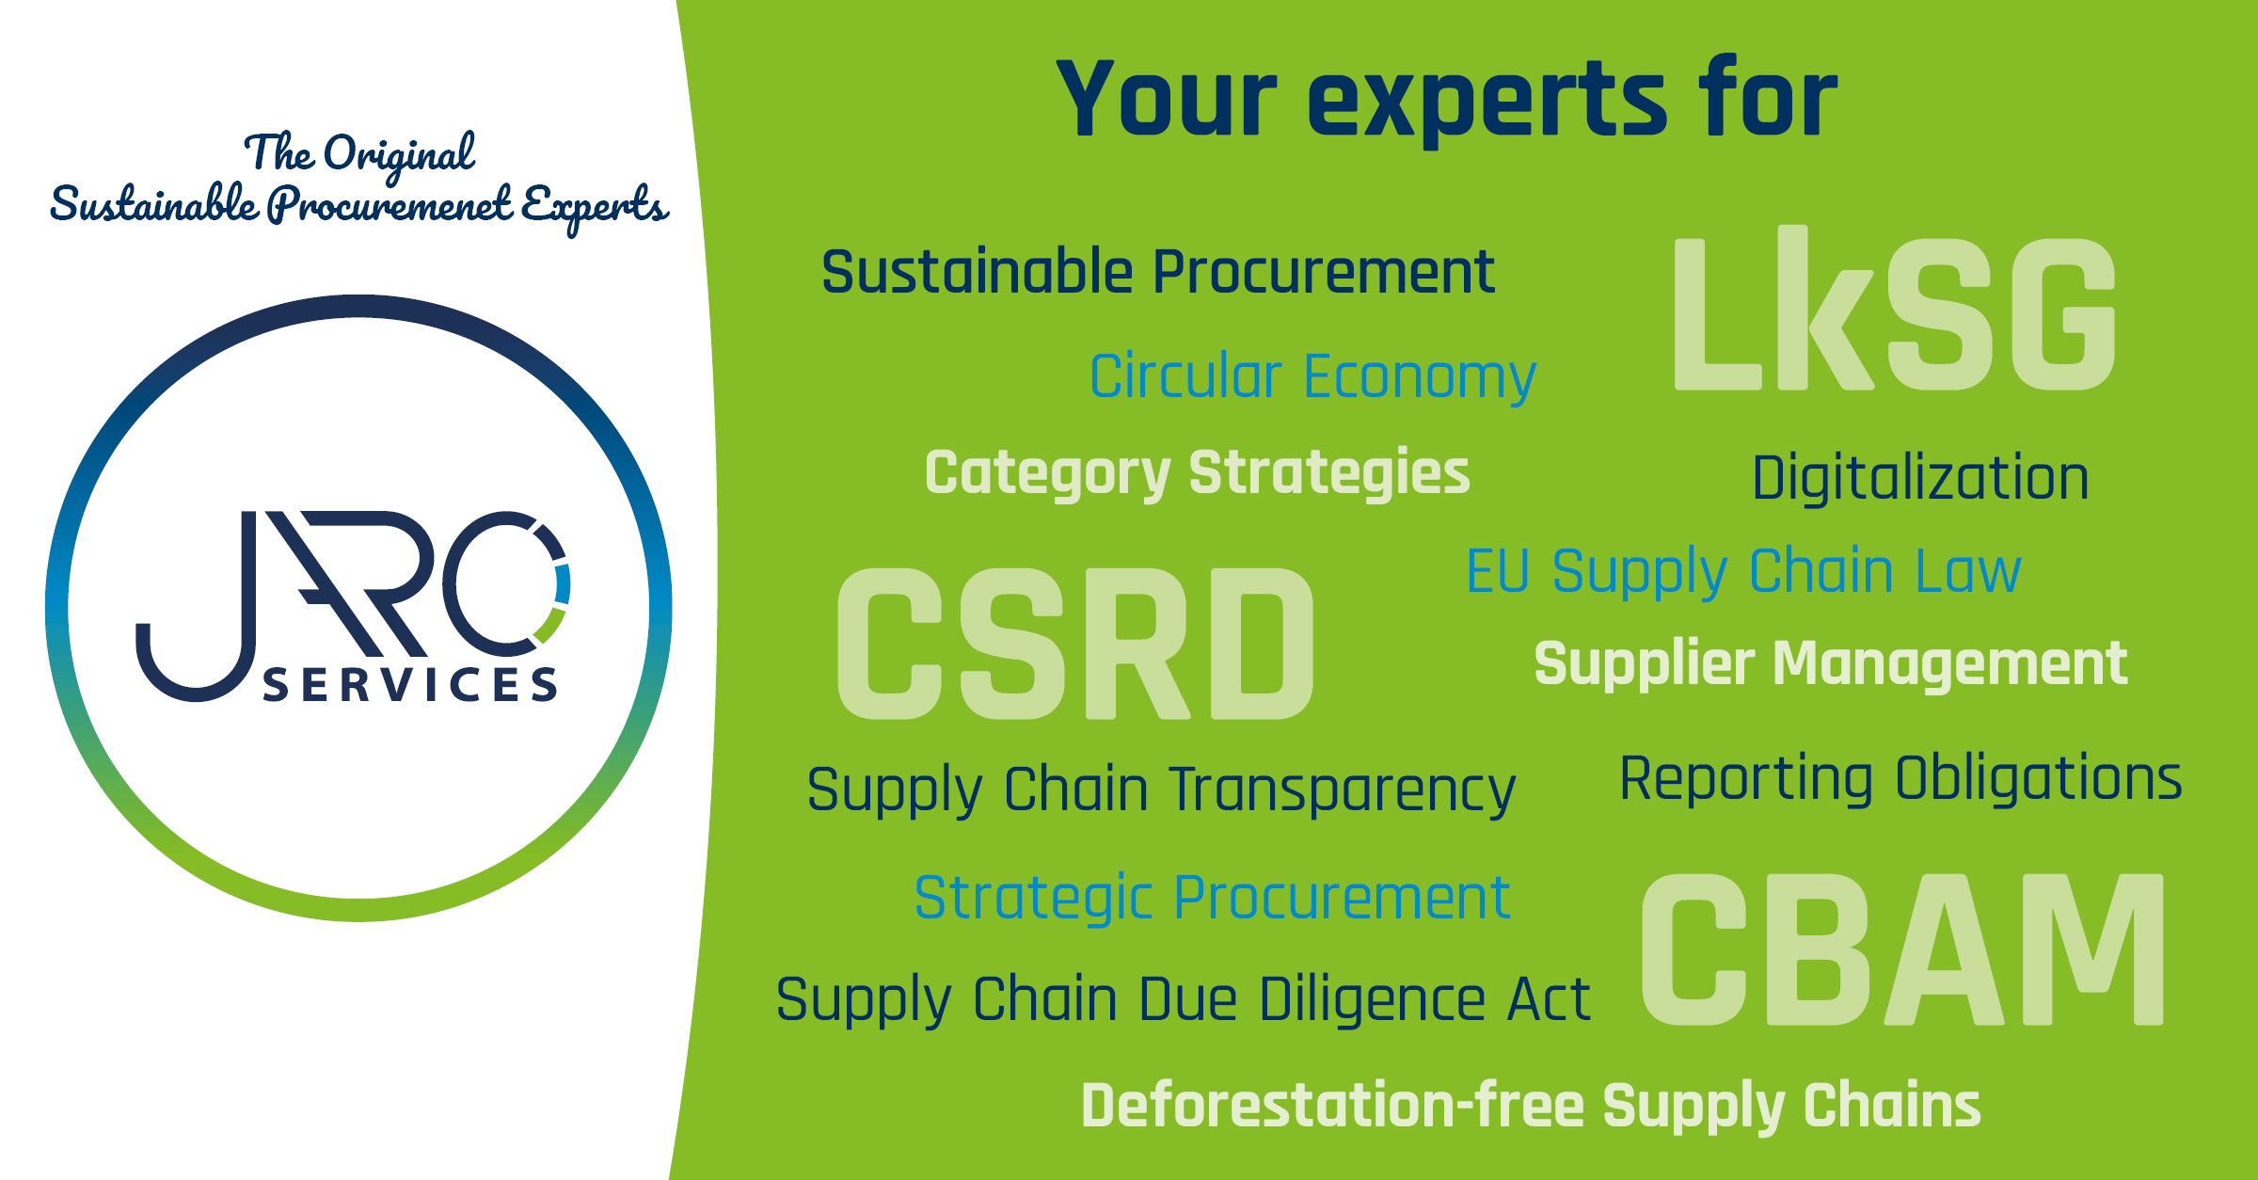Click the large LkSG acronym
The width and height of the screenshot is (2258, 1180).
point(1895,309)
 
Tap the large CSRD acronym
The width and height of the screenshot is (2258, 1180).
point(1075,644)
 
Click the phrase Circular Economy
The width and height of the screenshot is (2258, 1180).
point(1312,377)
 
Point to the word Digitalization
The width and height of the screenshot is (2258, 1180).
point(1920,478)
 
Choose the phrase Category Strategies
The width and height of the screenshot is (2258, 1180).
point(1197,473)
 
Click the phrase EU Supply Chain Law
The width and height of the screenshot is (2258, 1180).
point(1743,572)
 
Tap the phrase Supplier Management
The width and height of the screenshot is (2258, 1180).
point(1831,664)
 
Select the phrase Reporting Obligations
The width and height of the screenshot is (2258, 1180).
point(1900,779)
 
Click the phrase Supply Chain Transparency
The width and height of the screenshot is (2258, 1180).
point(1161,790)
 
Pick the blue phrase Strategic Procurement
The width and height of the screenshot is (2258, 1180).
point(1212,899)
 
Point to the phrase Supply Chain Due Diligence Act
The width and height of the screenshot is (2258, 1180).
point(1183,1000)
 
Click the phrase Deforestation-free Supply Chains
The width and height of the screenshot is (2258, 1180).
point(1531,1107)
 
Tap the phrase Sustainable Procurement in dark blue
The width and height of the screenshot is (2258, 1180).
point(1158,272)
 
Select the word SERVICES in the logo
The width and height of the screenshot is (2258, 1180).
point(410,685)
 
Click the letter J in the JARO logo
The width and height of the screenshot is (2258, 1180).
point(196,606)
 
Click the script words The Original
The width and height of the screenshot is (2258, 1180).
point(359,154)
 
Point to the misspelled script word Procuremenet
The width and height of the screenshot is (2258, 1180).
point(390,205)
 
